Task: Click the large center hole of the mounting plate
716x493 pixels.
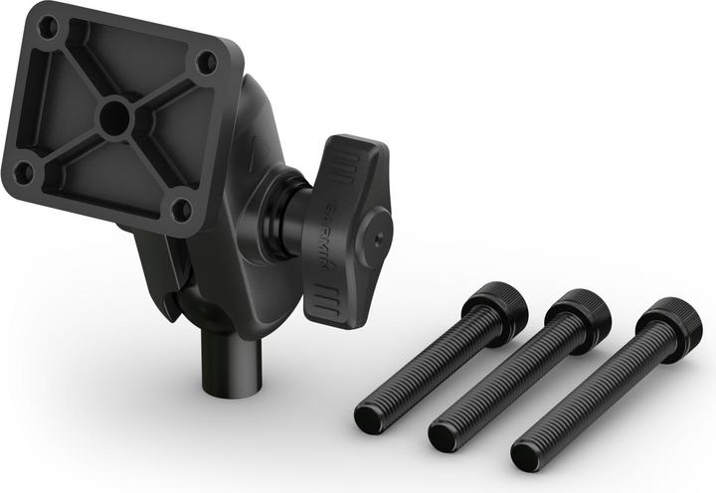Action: coord(114,117)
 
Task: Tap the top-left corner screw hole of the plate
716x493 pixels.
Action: coord(50,27)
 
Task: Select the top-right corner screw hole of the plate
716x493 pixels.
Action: coord(207,62)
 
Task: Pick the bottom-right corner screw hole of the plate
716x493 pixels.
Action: coord(183,210)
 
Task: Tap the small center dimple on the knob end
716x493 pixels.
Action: coord(377,238)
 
